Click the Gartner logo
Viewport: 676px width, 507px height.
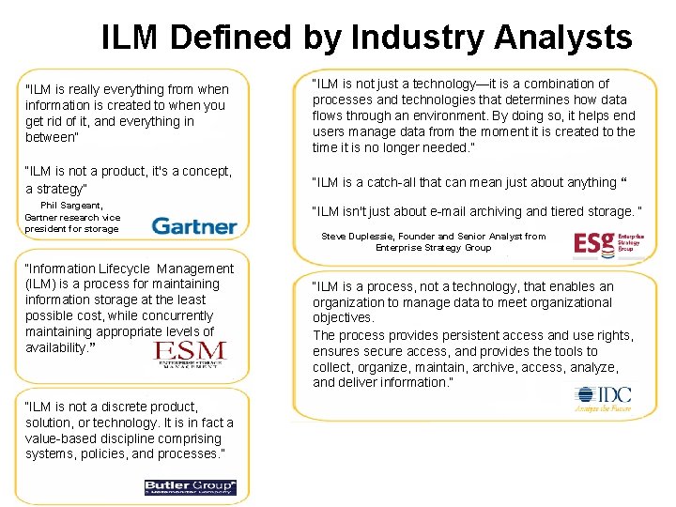[194, 225]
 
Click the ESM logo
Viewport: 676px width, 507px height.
[191, 353]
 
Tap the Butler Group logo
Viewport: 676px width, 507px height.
[190, 486]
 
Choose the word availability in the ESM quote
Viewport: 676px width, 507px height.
[55, 347]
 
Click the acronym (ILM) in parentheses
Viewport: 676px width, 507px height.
[42, 284]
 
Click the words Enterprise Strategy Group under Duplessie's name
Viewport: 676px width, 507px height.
[433, 248]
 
